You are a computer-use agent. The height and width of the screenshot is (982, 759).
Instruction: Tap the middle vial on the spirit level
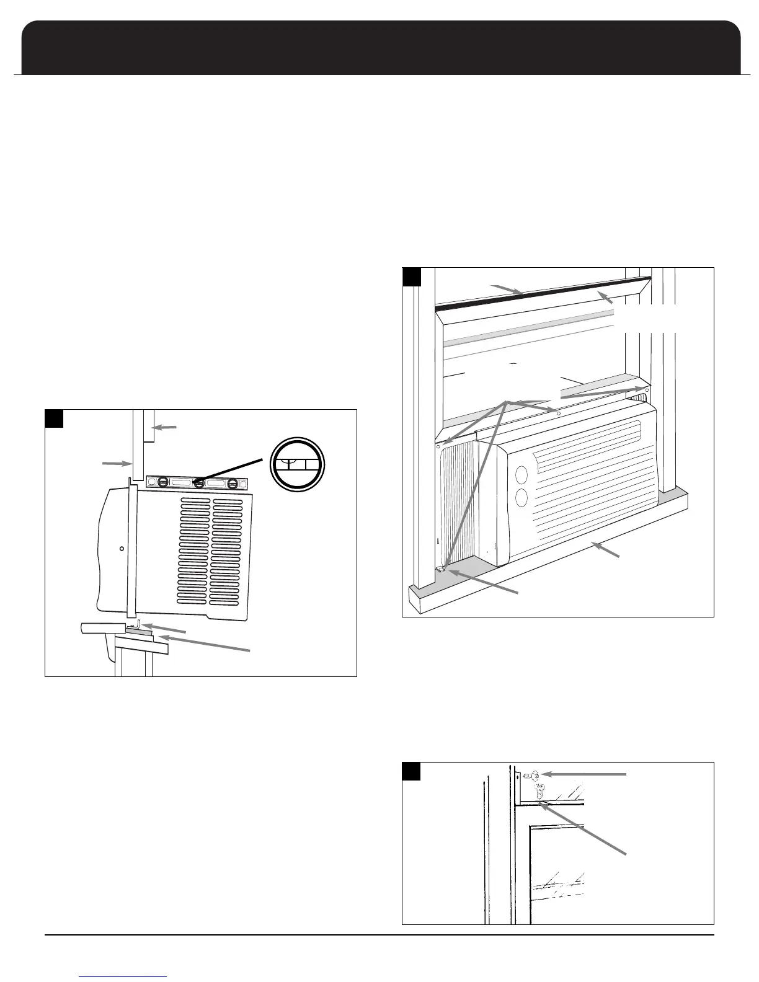[x=198, y=482]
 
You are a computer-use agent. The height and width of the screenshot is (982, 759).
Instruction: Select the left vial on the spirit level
[x=162, y=482]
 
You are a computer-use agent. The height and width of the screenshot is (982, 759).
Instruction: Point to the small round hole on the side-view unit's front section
[x=122, y=549]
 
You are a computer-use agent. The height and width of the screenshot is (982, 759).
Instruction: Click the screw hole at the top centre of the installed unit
[x=559, y=413]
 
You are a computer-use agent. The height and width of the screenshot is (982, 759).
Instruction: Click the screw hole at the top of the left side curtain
[x=438, y=445]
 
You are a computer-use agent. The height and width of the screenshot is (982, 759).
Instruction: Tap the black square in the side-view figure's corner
[x=54, y=418]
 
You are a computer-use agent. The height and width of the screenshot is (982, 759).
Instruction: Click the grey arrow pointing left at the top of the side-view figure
[x=164, y=427]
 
